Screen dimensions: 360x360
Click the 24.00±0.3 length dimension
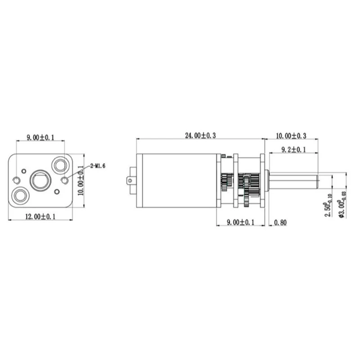tap(200, 135)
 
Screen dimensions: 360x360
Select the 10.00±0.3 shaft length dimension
tap(291, 136)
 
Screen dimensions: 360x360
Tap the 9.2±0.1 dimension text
tap(294, 150)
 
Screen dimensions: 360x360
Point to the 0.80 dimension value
tap(280, 222)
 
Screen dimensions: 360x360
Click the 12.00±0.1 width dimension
tap(40, 216)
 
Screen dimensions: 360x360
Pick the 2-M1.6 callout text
tap(98, 166)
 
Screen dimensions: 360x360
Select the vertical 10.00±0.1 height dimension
tap(81, 180)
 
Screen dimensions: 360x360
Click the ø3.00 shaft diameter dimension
tap(342, 205)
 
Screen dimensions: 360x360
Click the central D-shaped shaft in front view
tap(40, 180)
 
